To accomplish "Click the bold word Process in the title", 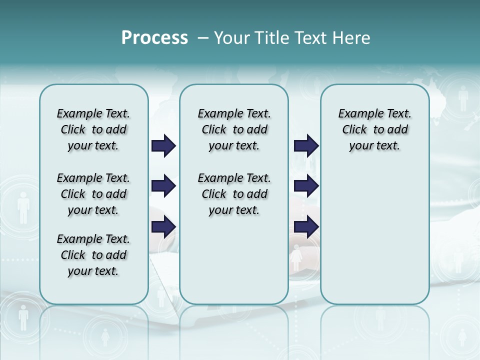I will coord(154,38).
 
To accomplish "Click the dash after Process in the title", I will coord(203,38).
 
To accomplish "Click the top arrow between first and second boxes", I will coord(163,146).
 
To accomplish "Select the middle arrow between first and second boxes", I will coord(163,186).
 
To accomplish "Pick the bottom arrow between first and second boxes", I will coord(163,227).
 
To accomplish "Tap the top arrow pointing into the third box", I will coord(306,146).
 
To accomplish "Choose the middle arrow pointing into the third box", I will coord(306,186).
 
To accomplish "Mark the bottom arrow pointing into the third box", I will coord(306,227).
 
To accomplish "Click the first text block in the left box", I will coord(93,129).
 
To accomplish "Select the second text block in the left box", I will coord(93,194).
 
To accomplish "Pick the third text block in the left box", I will coord(93,255).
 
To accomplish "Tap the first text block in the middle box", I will coord(234,129).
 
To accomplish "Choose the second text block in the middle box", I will coord(234,194).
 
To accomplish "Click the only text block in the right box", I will coord(374,129).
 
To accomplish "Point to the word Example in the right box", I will coord(356,113).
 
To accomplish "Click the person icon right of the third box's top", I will coord(463,98).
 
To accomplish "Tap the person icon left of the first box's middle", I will coord(23,207).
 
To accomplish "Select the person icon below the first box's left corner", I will coord(23,318).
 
